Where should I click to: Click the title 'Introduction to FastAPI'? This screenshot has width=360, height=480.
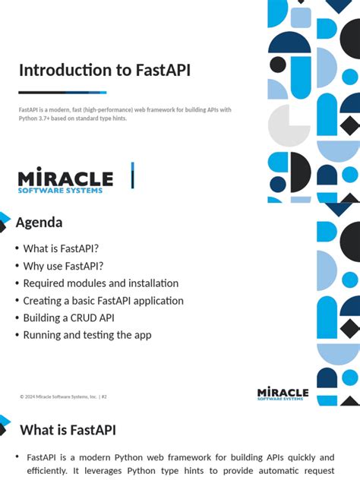click(x=105, y=71)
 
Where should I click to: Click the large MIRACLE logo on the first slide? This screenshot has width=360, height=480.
click(x=65, y=178)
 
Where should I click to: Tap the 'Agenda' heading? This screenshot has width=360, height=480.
click(x=39, y=223)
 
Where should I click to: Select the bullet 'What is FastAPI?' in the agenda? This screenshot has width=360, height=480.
click(x=61, y=248)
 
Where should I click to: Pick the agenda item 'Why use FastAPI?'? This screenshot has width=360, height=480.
click(x=63, y=266)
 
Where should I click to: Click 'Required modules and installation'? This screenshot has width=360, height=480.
click(x=100, y=283)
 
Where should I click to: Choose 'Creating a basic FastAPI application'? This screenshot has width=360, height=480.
click(x=103, y=301)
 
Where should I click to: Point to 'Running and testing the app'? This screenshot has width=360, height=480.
click(x=87, y=335)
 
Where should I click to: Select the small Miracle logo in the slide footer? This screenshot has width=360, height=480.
click(x=283, y=393)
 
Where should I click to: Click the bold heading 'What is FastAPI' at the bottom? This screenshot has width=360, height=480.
click(x=68, y=431)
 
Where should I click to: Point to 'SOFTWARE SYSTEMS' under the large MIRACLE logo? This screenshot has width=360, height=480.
click(x=60, y=190)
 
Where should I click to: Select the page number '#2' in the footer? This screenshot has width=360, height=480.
click(x=104, y=396)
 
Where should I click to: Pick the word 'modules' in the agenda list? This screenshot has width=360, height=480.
click(x=87, y=283)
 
